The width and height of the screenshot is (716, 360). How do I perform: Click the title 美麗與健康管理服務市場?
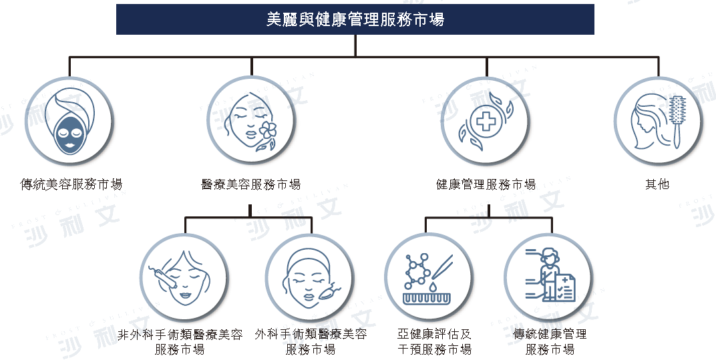coord(355,19)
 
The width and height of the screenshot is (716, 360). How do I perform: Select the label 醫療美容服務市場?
coord(251,184)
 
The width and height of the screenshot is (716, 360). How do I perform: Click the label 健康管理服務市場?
coord(486,184)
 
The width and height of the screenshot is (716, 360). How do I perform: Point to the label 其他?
coord(657,184)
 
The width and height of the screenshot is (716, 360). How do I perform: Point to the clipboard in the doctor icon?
coord(565,288)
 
